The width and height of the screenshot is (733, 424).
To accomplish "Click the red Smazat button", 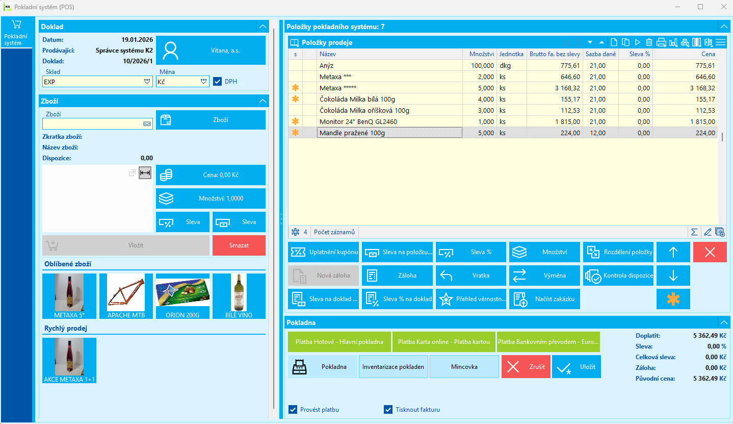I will click(x=239, y=245).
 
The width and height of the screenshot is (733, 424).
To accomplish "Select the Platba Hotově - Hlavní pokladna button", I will click(x=339, y=342).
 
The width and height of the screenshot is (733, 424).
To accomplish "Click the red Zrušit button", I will click(x=526, y=367).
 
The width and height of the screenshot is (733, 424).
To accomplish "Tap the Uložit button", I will click(x=576, y=367).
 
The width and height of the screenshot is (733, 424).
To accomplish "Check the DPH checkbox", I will click(x=218, y=81).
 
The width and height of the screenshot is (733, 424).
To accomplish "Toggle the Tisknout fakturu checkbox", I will click(x=388, y=409).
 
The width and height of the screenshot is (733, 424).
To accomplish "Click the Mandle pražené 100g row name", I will click(x=352, y=133).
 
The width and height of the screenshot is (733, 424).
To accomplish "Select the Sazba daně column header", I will click(x=600, y=54).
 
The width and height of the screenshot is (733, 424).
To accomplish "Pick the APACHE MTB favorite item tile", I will click(x=126, y=296).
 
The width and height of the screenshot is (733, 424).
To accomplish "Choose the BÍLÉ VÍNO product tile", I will click(x=239, y=296).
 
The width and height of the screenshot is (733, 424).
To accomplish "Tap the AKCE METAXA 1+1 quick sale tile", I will click(x=69, y=360).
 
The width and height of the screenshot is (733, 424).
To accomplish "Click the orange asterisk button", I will click(x=673, y=299).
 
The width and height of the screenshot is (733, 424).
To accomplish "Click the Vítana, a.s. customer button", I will click(x=211, y=51).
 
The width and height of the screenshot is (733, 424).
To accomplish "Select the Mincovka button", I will click(x=464, y=367).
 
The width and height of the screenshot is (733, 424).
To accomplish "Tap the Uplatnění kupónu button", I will click(x=323, y=252).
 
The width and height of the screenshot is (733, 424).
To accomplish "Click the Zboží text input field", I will click(x=92, y=123).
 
